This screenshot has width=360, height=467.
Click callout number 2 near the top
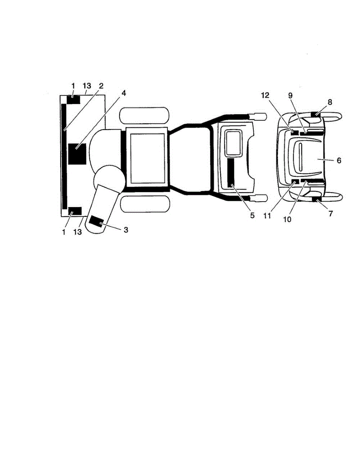click(x=101, y=86)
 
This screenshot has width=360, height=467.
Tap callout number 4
click(x=124, y=93)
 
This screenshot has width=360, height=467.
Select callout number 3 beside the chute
click(x=126, y=230)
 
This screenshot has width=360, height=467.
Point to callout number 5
click(x=252, y=215)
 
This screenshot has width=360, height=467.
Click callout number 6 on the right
click(x=339, y=160)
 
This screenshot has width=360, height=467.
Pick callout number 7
click(x=330, y=213)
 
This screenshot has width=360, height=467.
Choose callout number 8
click(x=330, y=102)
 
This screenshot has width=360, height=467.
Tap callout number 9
click(x=290, y=95)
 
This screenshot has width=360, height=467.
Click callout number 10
click(x=287, y=219)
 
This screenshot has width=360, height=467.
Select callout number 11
click(x=267, y=216)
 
